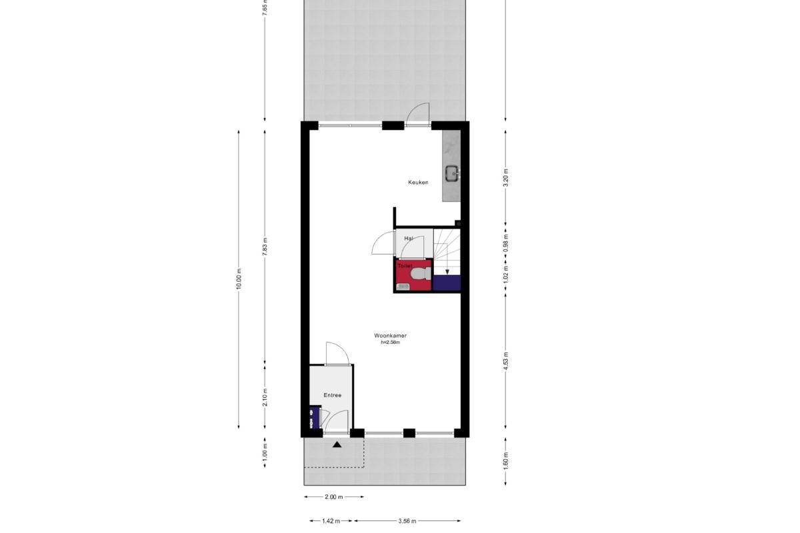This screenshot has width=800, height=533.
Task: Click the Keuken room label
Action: point(418,183)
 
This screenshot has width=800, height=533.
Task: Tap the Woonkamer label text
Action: point(391,336)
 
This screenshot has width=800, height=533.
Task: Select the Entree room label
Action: point(333,395)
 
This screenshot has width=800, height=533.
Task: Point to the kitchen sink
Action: point(452,174)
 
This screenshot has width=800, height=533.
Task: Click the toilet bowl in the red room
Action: point(419,274)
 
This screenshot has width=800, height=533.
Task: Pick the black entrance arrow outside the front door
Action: point(337,444)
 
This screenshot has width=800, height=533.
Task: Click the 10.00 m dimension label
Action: point(239,279)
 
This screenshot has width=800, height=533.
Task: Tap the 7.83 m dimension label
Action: point(265,247)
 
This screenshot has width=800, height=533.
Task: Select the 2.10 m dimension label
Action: point(265,397)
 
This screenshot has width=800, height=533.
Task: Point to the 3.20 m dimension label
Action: point(505,177)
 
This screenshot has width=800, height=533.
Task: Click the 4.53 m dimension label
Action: point(505,361)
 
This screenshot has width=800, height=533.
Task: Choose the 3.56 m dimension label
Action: point(407,521)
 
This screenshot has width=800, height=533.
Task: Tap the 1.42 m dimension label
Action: point(331,521)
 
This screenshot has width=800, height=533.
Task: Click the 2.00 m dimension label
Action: point(334,496)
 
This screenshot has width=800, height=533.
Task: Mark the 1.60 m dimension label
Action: point(505,461)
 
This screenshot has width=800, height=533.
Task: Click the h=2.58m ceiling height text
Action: point(391,342)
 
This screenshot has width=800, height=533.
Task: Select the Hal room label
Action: point(409,238)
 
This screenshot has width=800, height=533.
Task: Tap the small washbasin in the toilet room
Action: point(403,286)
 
